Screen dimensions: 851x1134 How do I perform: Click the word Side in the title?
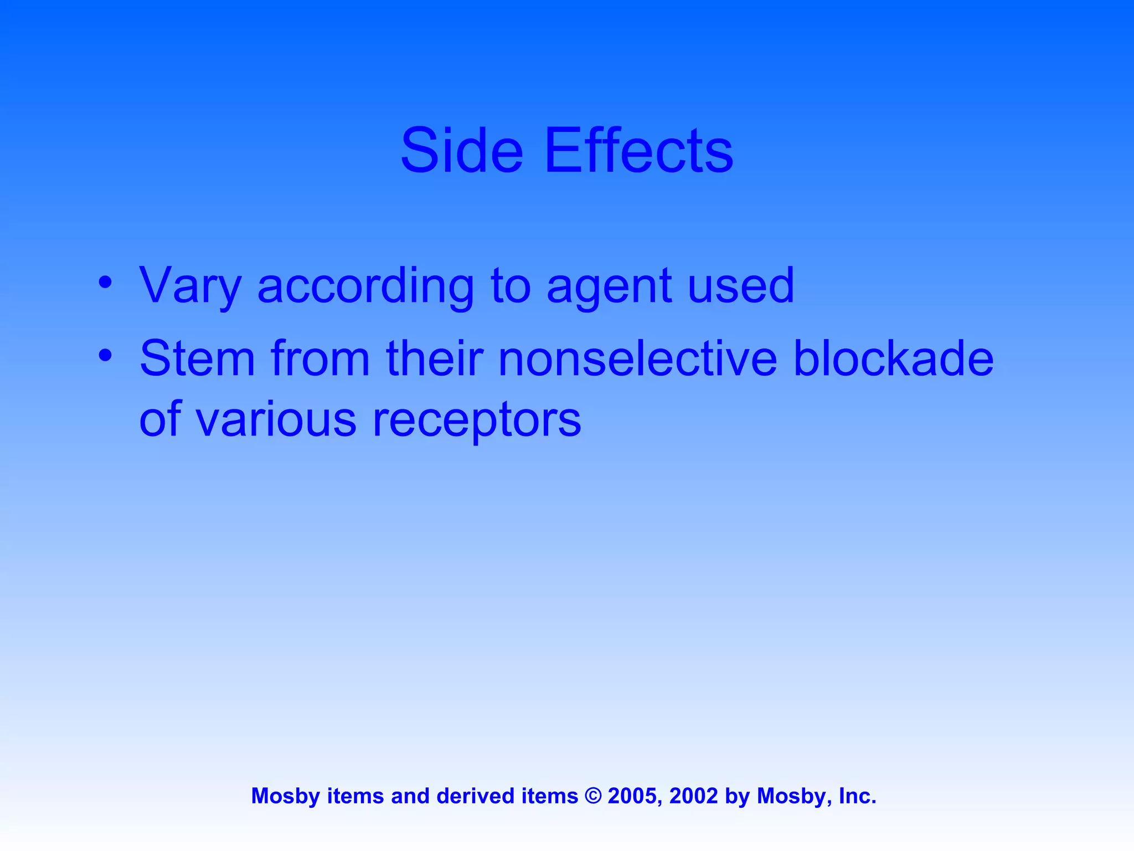tap(461, 151)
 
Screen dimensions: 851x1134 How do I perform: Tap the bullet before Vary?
tap(105, 283)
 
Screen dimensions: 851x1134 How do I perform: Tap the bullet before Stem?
tap(105, 356)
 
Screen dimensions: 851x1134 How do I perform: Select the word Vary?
tap(190, 287)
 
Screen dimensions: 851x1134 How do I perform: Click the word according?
tap(365, 287)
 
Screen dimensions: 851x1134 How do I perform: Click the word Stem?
tap(197, 359)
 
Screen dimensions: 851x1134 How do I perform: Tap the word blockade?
tap(893, 359)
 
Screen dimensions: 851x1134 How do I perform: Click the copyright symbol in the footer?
tap(593, 796)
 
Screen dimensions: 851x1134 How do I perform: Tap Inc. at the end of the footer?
tap(857, 796)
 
